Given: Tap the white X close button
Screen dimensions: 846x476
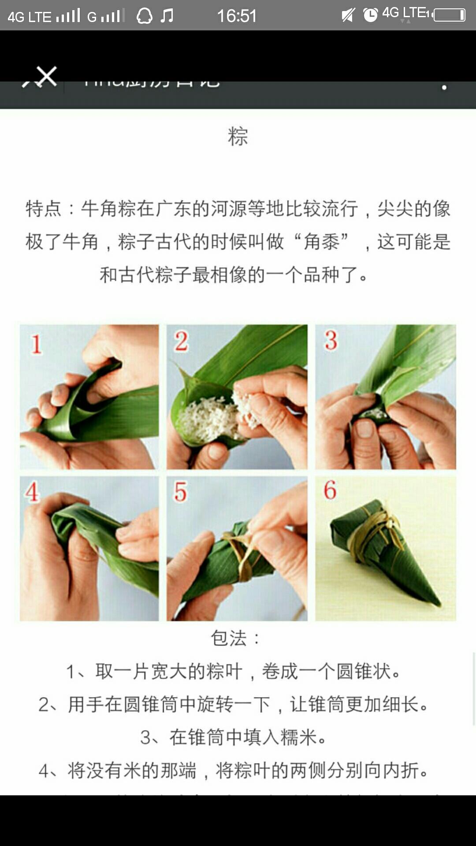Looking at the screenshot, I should pos(46,76).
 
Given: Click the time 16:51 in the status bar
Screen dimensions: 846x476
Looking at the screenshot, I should pos(237,16).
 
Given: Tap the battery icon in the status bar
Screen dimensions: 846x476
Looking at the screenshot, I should pos(449,15).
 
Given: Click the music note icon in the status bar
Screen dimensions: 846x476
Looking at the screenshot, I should pos(167,16).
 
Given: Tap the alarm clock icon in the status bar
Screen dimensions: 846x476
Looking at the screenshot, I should pos(370,15).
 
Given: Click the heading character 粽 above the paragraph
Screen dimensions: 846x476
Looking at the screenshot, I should pos(238,136).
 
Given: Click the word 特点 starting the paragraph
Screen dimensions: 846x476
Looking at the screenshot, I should pos(43,208).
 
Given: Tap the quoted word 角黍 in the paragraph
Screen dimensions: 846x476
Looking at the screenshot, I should pos(322,242).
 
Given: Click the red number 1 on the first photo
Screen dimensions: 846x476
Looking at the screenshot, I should pos(36,344).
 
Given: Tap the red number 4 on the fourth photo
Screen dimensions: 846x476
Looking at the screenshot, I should pos(32,492).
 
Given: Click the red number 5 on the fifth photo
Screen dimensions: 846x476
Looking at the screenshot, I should pos(180,492).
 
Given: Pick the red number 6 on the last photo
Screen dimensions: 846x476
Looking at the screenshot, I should pos(330,490).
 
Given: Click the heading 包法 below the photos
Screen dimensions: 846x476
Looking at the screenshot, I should pos(229,638).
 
